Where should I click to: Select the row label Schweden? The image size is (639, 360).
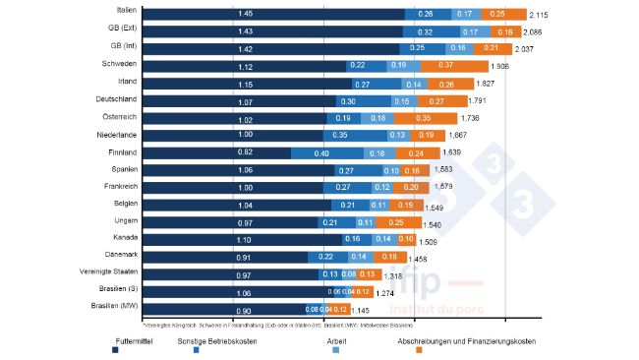(119, 63)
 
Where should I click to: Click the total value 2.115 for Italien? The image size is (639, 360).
(540, 16)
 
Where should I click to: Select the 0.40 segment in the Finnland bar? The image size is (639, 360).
(322, 153)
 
